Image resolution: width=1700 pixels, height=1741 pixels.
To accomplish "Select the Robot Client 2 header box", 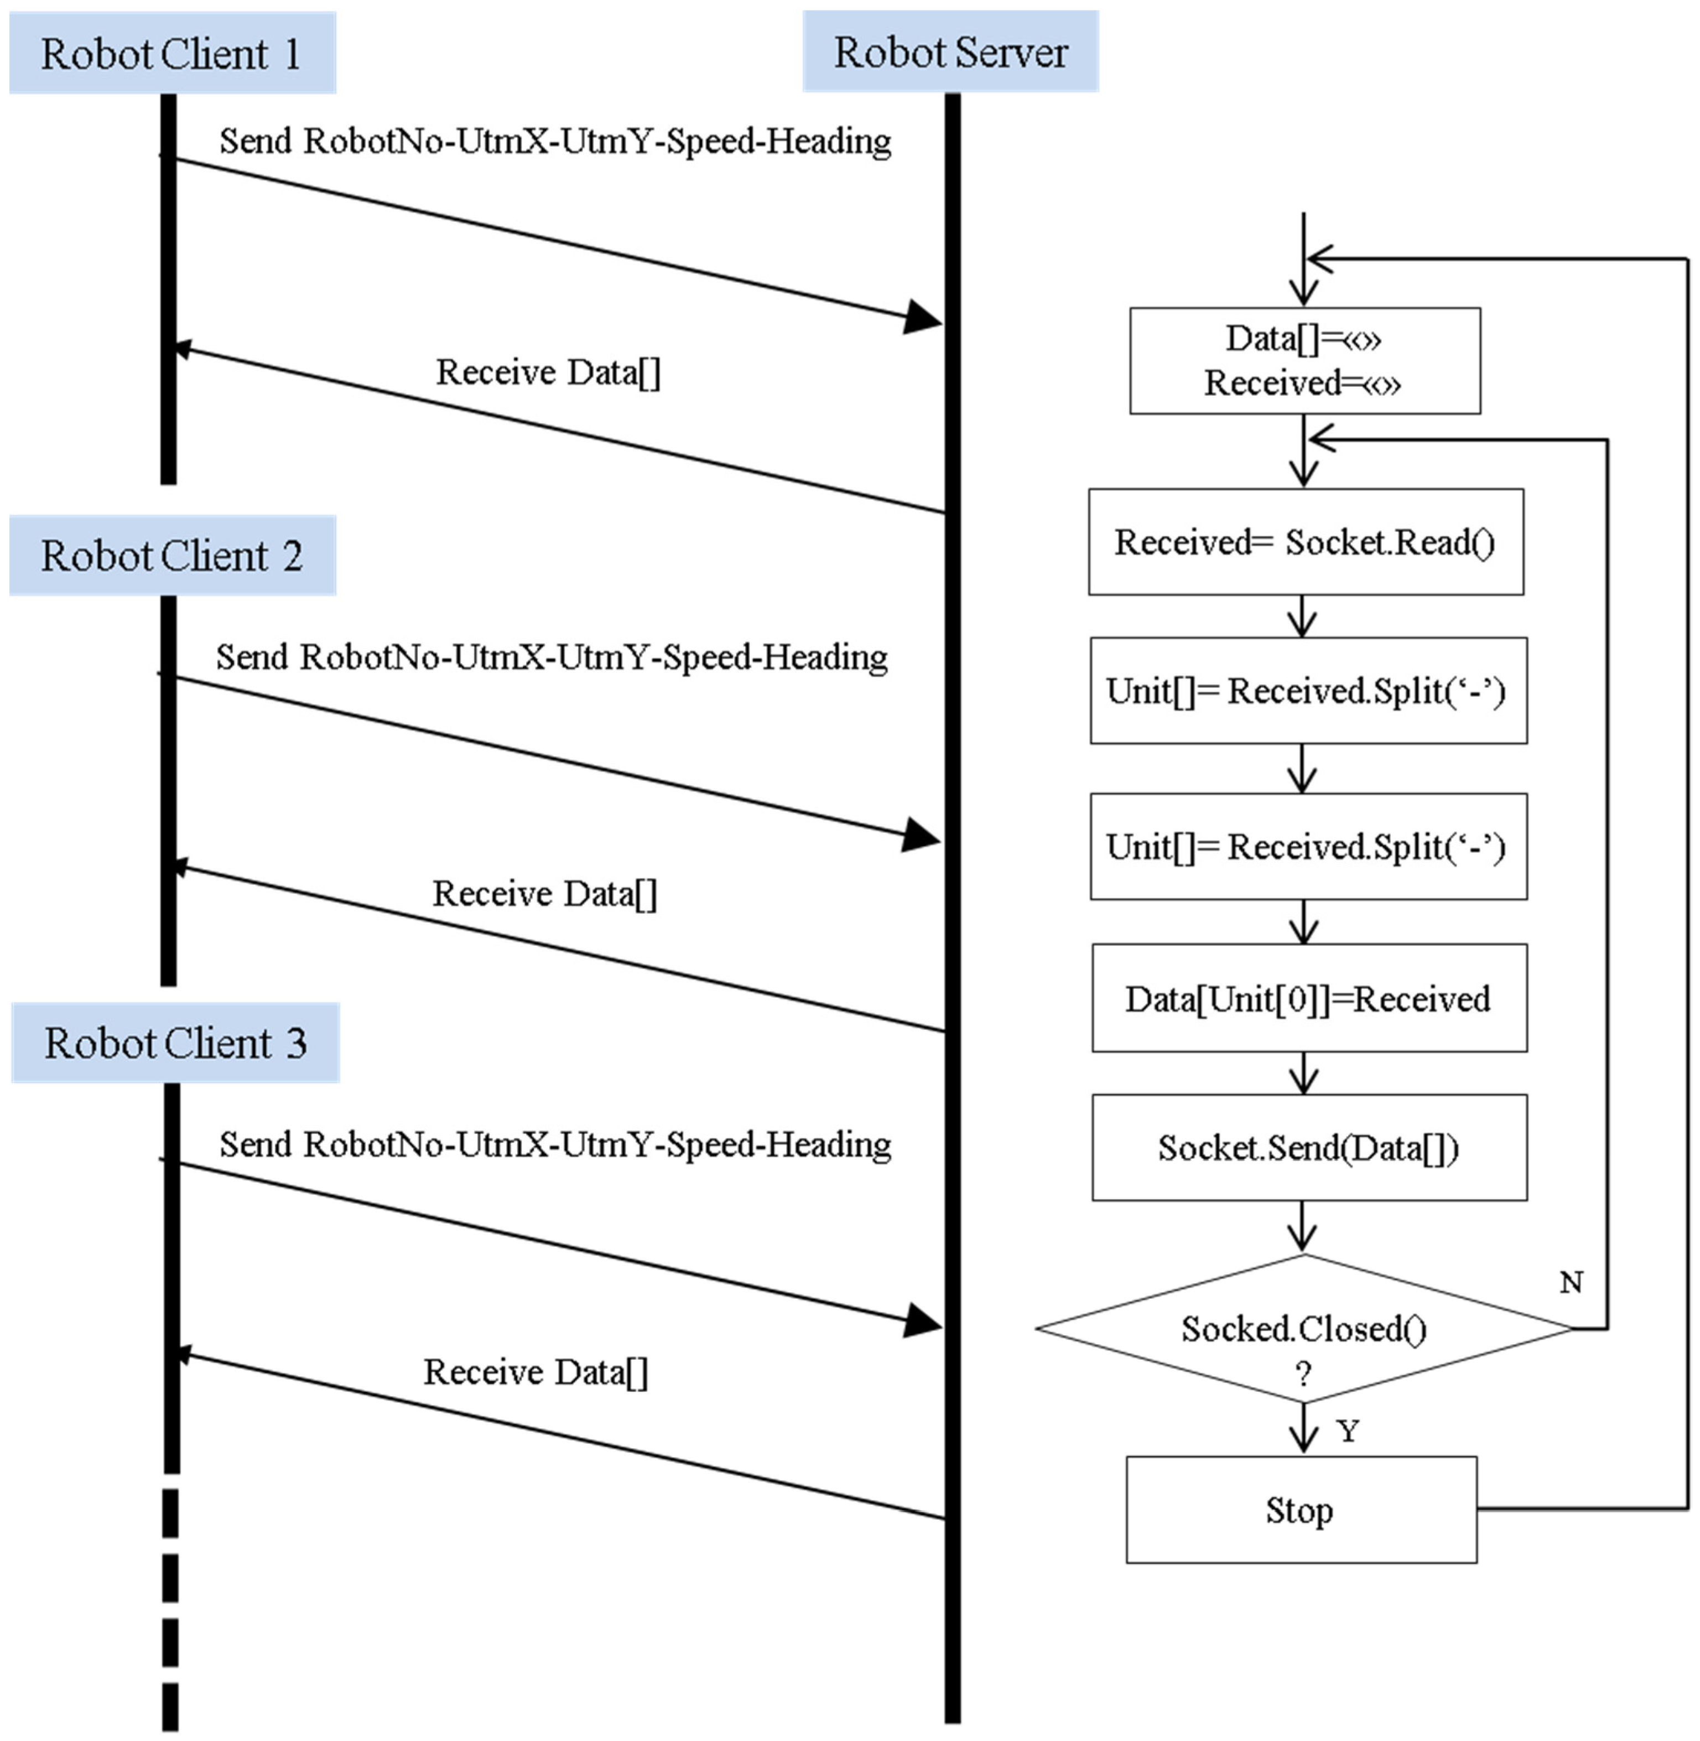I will point(172,556).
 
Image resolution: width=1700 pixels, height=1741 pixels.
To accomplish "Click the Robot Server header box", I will point(950,52).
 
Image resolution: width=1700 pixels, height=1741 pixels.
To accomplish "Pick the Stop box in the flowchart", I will point(1301,1510).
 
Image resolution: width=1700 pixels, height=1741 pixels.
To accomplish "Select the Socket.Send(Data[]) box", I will point(1309,1148).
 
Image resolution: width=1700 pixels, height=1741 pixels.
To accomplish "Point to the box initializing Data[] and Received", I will point(1304,361).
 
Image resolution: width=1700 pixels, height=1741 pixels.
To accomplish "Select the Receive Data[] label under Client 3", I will point(536,1372).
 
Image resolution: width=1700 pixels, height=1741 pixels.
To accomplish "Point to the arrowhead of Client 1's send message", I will point(922,317).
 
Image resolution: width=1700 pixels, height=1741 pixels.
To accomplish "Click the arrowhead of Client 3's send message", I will point(922,1321).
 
